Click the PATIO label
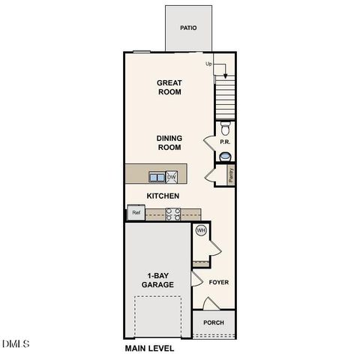(x=188, y=28)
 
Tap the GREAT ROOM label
(x=170, y=87)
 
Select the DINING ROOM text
(x=169, y=142)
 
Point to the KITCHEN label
(x=162, y=196)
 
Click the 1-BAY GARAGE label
(x=158, y=280)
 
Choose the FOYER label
(x=218, y=283)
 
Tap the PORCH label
(x=214, y=323)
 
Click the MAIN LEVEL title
(x=148, y=349)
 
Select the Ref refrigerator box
(x=136, y=213)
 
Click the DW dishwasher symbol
(x=172, y=177)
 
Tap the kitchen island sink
(x=157, y=177)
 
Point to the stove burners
(x=172, y=214)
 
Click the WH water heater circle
(x=201, y=230)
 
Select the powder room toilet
(x=225, y=128)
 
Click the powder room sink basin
(x=225, y=156)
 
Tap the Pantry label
(x=230, y=175)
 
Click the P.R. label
(x=223, y=142)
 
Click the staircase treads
(x=225, y=97)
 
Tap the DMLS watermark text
(x=16, y=344)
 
